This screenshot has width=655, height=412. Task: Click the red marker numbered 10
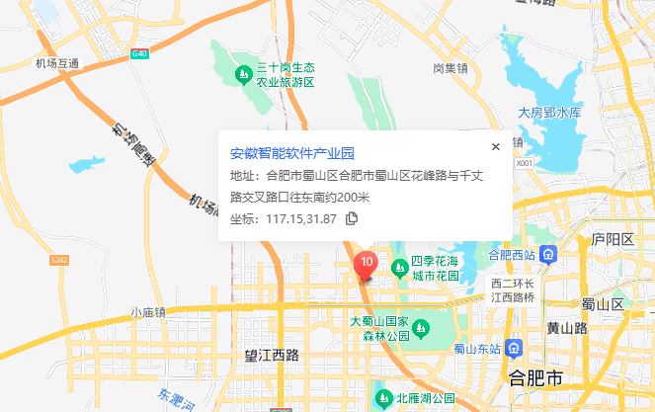(366, 264)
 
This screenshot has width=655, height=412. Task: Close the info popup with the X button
(496, 146)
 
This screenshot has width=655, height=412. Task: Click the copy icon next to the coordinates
(352, 218)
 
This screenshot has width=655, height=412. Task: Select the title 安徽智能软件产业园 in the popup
(291, 153)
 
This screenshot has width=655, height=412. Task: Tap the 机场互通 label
(56, 64)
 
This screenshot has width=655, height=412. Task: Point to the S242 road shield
(60, 260)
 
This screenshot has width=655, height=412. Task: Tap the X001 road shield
(525, 163)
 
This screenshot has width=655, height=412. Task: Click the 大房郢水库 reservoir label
(550, 113)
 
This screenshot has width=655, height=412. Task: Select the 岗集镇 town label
(450, 68)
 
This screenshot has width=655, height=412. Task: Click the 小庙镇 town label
(148, 312)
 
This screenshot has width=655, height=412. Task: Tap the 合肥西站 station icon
(549, 254)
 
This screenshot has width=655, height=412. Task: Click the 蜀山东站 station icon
(514, 348)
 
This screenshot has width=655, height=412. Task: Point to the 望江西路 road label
(272, 354)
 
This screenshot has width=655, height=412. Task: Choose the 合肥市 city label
(534, 379)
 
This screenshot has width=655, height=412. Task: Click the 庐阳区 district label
(612, 240)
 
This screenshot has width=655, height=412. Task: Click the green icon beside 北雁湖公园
(383, 399)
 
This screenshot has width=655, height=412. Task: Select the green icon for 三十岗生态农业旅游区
(243, 73)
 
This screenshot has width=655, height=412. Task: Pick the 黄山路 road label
(567, 327)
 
